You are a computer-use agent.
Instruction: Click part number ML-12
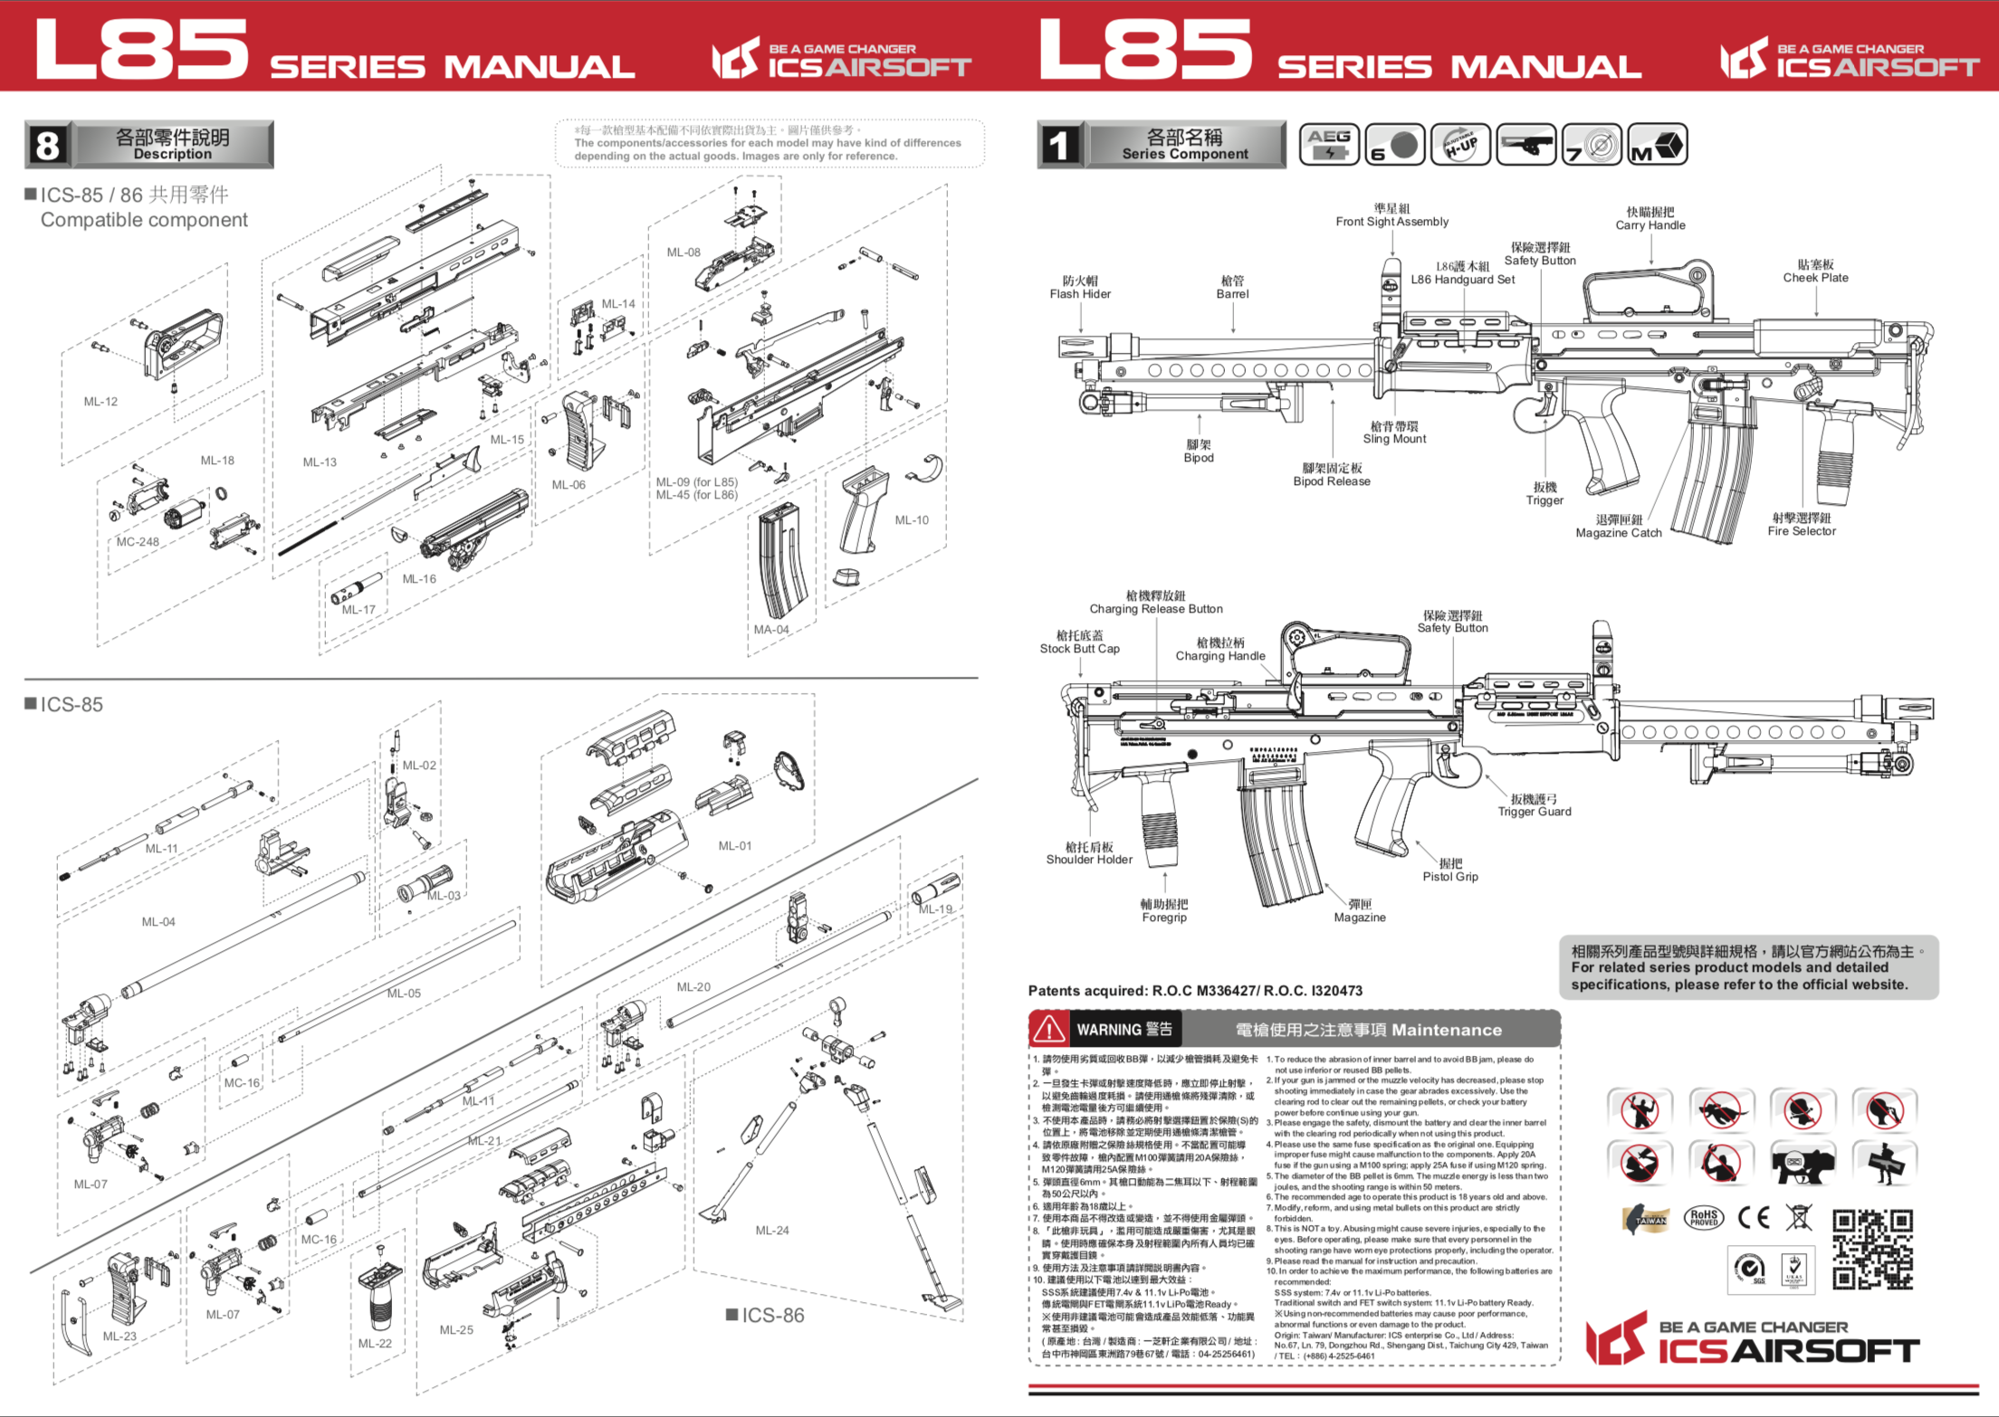click(100, 402)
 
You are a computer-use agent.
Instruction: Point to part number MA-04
click(771, 630)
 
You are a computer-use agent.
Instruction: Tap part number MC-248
click(138, 542)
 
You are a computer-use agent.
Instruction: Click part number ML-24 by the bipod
click(772, 1231)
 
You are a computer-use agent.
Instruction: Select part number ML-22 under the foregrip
click(375, 1344)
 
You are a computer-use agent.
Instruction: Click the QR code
click(1871, 1249)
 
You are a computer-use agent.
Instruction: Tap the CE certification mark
click(1754, 1217)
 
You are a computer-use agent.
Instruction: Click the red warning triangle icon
click(1048, 1029)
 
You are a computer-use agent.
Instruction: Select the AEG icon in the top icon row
click(1328, 144)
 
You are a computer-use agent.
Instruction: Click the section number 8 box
click(47, 145)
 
